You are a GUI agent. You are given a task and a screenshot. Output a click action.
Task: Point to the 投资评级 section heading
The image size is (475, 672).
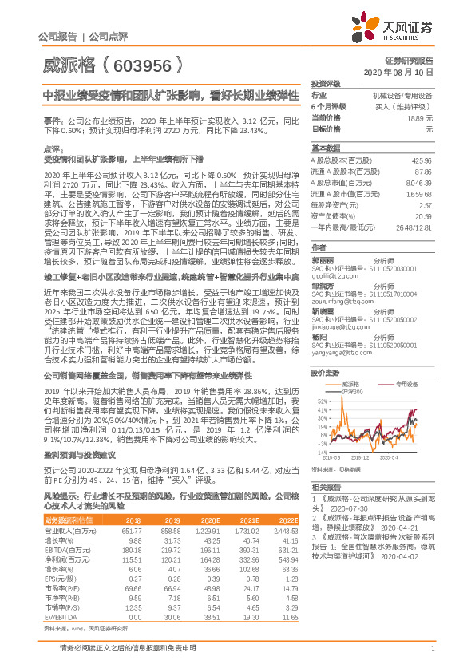(326, 83)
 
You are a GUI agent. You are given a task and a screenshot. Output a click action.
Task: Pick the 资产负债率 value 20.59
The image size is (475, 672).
(423, 215)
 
